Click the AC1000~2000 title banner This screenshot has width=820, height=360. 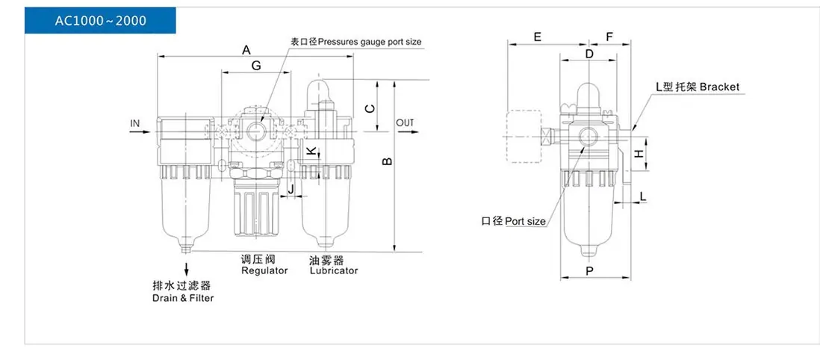100,21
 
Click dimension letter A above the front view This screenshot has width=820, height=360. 246,50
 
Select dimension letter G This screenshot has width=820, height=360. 256,66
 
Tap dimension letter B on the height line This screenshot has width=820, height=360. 388,161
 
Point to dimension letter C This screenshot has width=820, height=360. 370,108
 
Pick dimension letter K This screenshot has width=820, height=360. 311,151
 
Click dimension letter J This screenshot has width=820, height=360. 292,188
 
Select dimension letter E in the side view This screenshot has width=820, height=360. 537,37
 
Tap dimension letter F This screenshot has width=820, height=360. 609,37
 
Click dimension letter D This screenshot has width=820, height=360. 589,54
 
